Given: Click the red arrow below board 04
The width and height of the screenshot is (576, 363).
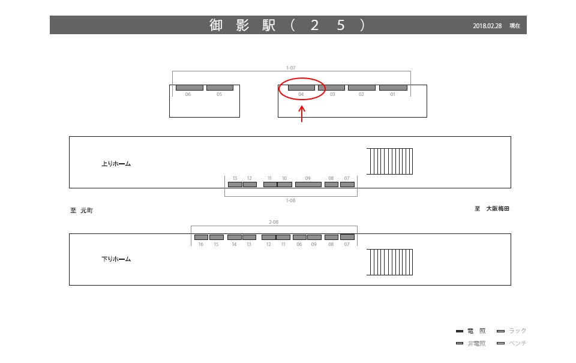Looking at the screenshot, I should point(302,113).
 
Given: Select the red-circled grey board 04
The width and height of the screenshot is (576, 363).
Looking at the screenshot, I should point(301,88).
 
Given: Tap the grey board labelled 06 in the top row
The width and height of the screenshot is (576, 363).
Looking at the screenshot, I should point(189,88).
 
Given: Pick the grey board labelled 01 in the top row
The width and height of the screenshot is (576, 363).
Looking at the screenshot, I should point(393,88).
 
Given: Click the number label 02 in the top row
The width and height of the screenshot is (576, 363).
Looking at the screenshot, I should point(361,95).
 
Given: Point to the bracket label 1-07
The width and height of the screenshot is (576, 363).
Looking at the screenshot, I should point(290,68).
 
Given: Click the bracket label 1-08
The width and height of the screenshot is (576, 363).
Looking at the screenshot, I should point(290,200).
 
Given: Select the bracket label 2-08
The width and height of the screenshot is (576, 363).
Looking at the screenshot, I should point(274,222).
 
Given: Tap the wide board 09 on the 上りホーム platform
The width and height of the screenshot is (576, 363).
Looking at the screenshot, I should point(308,184).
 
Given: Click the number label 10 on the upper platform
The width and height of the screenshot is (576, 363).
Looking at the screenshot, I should point(284,178).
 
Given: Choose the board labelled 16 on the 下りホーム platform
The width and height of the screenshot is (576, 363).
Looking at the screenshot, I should point(201,237).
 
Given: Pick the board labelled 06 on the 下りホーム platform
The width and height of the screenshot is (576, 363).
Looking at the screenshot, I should point(299,237).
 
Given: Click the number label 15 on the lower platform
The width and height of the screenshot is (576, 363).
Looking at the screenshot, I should point(216,244).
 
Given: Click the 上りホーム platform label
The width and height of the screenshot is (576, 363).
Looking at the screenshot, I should point(116,164).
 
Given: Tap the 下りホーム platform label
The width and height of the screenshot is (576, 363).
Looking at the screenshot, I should point(116,259).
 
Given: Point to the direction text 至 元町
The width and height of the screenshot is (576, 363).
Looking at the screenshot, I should point(82,211).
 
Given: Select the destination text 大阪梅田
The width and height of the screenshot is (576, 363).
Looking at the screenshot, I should point(497,209).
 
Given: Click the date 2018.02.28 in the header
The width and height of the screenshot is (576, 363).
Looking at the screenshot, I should point(487,26).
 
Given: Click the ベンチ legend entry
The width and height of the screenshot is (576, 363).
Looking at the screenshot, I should point(517,343).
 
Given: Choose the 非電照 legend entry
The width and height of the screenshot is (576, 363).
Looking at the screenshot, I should point(476,343).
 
